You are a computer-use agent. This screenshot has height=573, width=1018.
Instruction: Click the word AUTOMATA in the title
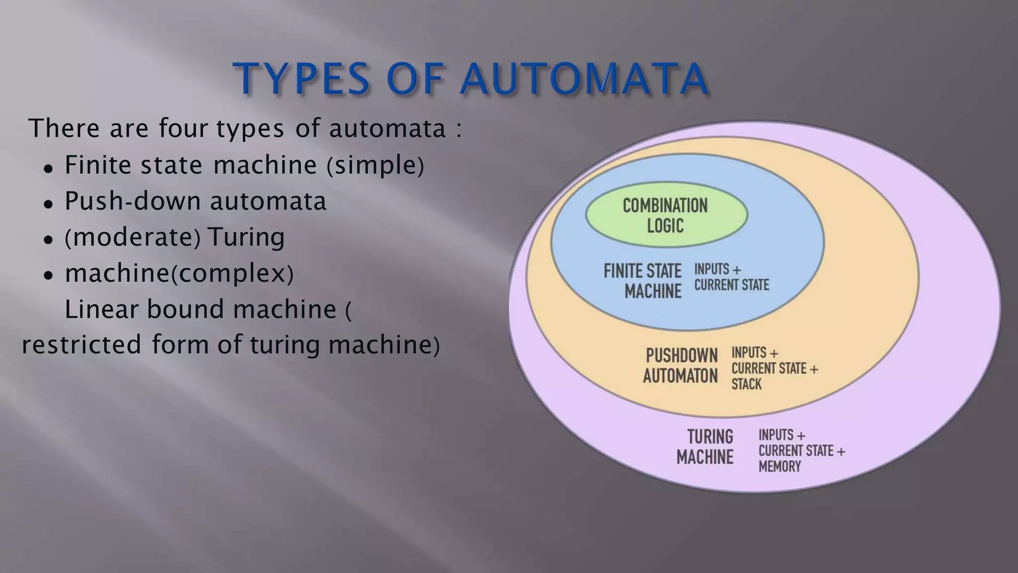584,78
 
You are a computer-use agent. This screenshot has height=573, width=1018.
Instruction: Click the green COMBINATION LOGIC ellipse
666,215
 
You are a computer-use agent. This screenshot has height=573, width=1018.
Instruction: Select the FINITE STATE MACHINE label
643,281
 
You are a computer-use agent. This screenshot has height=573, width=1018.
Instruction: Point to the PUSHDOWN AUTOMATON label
680,366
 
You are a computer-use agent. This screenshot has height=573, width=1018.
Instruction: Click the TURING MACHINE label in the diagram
705,447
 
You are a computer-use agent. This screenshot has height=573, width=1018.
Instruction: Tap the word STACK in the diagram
746,384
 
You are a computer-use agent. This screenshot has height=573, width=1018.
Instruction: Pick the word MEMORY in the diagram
779,466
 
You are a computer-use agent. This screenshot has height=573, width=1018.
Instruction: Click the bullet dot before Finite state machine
48,168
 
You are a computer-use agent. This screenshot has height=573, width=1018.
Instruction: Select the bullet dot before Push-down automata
48,204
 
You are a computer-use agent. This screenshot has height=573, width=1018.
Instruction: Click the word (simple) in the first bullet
375,165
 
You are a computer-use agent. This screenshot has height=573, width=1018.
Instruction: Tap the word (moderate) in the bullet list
133,237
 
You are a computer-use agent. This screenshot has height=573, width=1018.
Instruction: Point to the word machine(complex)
179,273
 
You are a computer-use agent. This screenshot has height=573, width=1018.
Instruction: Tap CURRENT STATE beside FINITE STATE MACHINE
731,285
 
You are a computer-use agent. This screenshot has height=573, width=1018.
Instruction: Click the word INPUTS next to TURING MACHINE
776,435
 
